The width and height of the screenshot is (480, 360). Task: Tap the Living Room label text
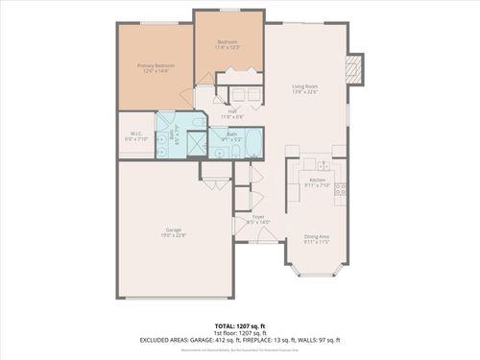click(x=305, y=86)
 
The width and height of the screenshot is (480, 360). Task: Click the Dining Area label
click(x=318, y=236)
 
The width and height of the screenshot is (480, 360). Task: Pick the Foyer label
click(x=258, y=217)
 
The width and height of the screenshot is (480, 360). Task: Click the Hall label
click(x=232, y=111)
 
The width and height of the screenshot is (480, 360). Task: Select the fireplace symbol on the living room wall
click(x=353, y=66)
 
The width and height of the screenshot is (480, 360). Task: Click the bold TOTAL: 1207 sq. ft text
click(x=239, y=324)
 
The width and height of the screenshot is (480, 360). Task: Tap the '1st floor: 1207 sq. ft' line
click(x=239, y=332)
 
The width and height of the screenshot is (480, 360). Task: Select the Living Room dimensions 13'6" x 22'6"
click(x=305, y=92)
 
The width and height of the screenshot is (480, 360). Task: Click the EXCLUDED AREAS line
click(x=239, y=340)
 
